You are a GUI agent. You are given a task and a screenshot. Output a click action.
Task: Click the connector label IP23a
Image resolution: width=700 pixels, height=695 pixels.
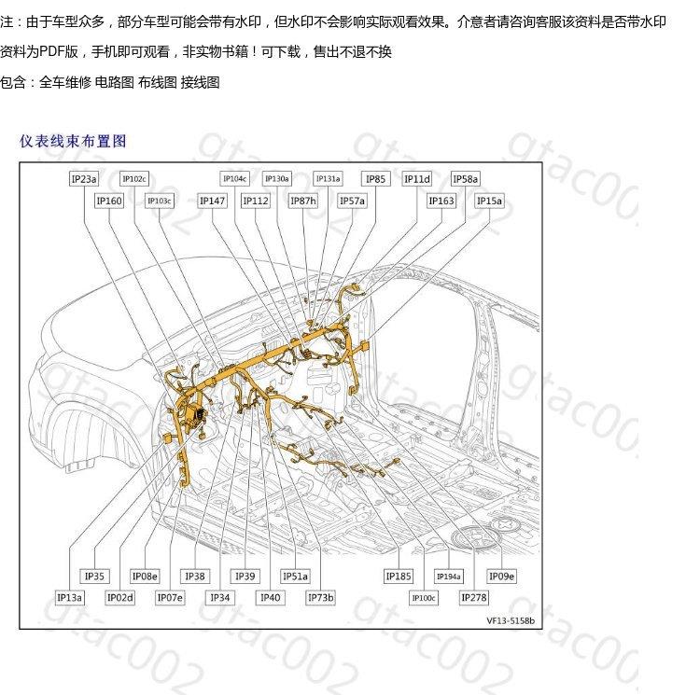point(84,179)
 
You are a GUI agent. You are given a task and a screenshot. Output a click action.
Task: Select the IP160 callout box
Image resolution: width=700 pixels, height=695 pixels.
point(109,201)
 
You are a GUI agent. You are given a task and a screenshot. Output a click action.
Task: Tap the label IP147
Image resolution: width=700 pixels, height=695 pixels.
point(213,201)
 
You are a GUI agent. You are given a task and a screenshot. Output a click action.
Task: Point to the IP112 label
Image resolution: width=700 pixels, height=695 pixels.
point(256,201)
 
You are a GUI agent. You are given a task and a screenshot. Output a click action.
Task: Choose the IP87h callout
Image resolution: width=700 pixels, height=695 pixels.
point(303,201)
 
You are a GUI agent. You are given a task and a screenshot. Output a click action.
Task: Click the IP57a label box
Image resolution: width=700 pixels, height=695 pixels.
point(352,201)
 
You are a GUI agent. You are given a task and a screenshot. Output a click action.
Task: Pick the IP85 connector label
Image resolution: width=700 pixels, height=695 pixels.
point(376,179)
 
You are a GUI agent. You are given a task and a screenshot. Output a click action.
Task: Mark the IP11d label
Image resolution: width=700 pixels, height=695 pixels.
point(417,179)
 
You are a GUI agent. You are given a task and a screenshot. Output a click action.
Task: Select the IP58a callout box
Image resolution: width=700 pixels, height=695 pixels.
point(466,179)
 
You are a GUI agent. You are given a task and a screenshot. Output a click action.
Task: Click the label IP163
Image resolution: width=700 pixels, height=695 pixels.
point(441,201)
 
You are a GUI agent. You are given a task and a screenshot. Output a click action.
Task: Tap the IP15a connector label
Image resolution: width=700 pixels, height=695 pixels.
point(490,201)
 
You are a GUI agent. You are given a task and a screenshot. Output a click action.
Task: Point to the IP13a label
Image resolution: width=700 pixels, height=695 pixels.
point(70,598)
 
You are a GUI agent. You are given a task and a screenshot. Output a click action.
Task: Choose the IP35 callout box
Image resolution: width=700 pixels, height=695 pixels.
point(95,577)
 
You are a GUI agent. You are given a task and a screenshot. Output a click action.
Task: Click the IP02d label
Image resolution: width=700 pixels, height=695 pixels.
point(120,598)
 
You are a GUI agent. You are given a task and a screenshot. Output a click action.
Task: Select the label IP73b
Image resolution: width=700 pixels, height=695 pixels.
point(320,598)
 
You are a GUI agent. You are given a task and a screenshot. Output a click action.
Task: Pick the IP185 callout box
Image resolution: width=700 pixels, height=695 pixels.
point(399,577)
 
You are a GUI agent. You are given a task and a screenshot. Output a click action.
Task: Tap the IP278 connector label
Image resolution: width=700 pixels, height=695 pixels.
point(474,598)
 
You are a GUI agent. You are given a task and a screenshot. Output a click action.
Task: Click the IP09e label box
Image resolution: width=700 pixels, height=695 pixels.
point(502,577)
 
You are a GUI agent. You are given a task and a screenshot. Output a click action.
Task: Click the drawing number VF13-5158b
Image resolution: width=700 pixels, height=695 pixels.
point(510,619)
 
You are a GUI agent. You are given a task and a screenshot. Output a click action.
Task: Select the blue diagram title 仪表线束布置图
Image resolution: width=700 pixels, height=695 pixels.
point(73,142)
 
